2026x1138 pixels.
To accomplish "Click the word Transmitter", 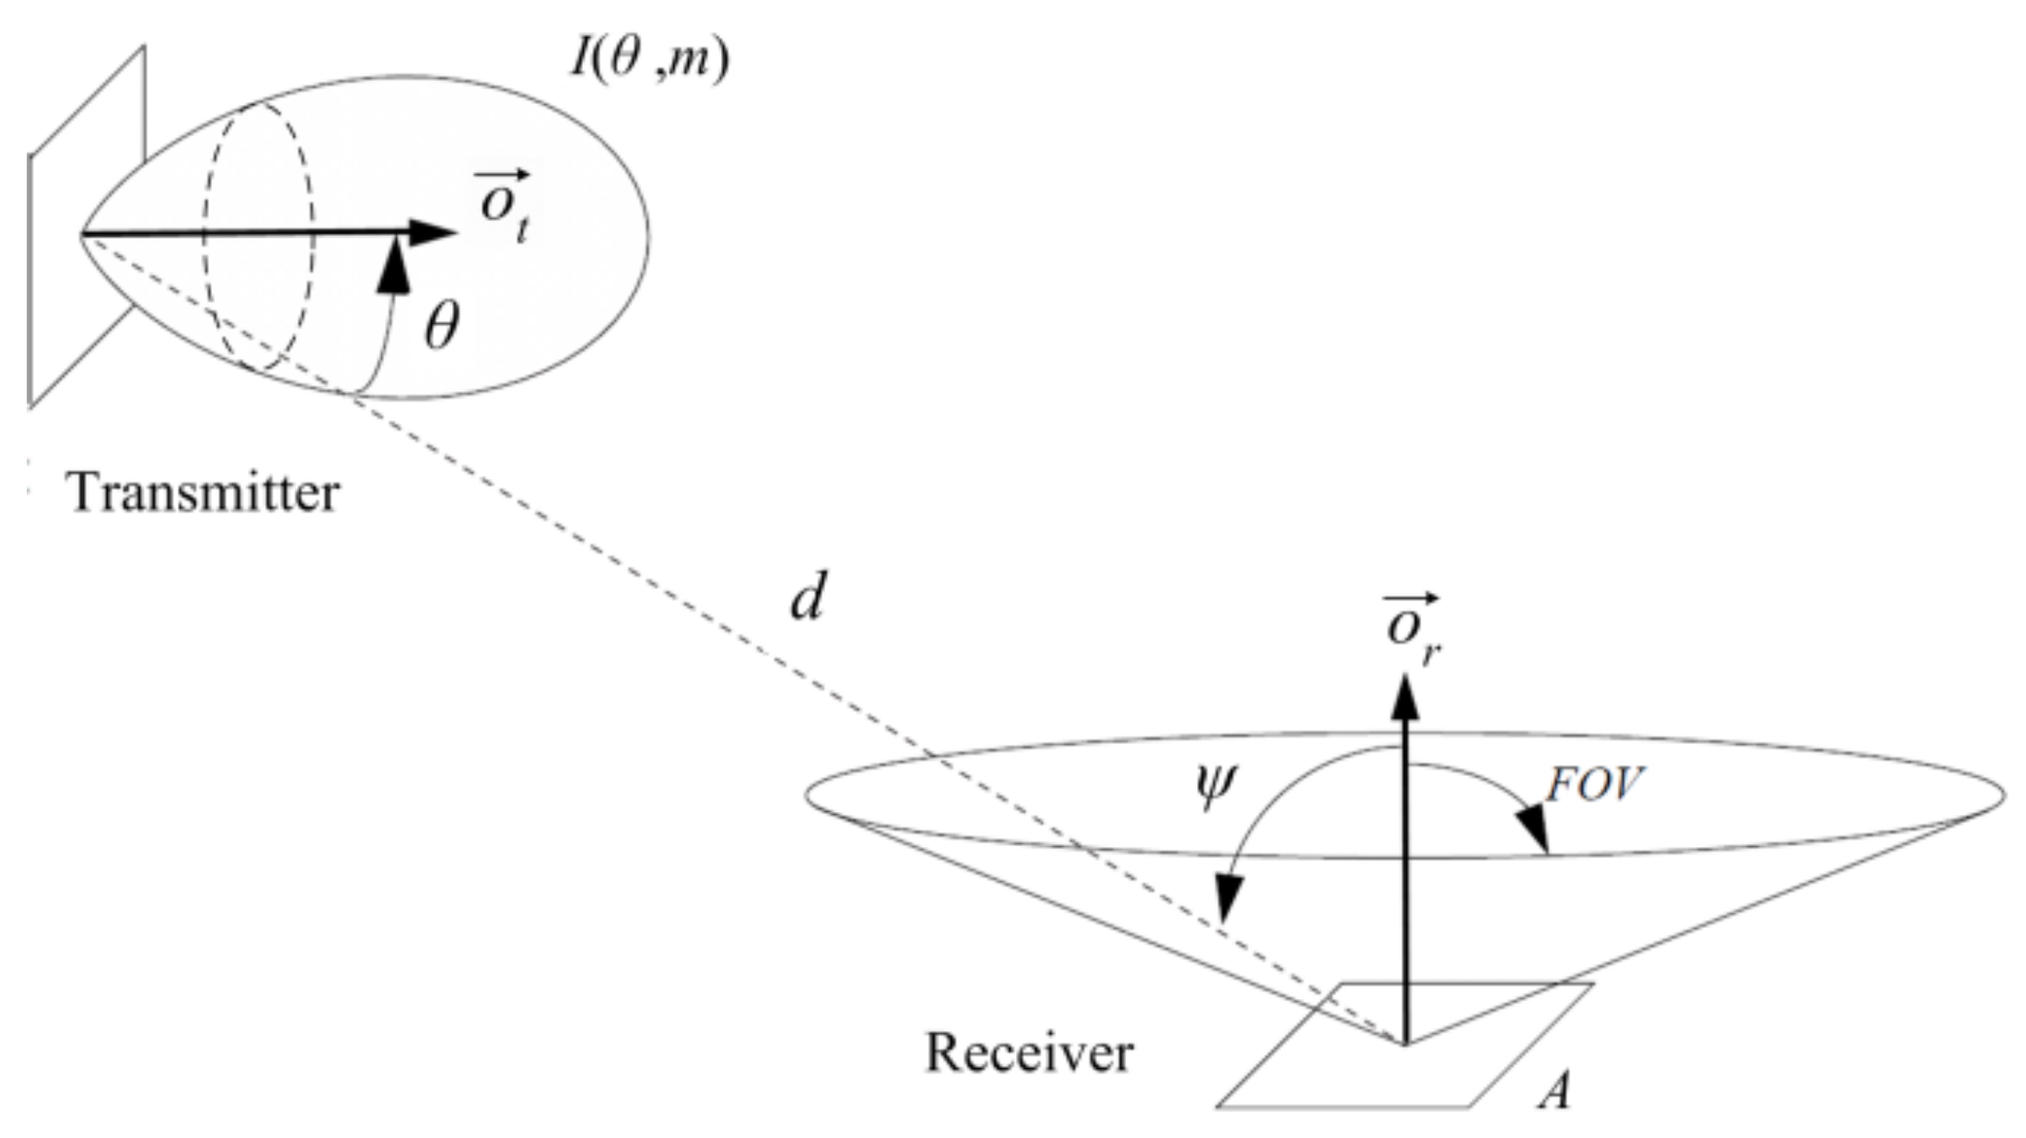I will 204,494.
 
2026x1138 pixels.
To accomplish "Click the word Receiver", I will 1029,1052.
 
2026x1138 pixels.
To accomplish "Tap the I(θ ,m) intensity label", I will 650,60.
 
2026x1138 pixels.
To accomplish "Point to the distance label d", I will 807,599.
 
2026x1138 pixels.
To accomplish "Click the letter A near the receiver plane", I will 1554,1092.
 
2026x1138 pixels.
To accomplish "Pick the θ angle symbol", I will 441,327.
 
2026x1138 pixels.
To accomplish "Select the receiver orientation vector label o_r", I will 1413,628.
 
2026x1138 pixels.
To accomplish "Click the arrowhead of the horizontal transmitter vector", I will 433,233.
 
